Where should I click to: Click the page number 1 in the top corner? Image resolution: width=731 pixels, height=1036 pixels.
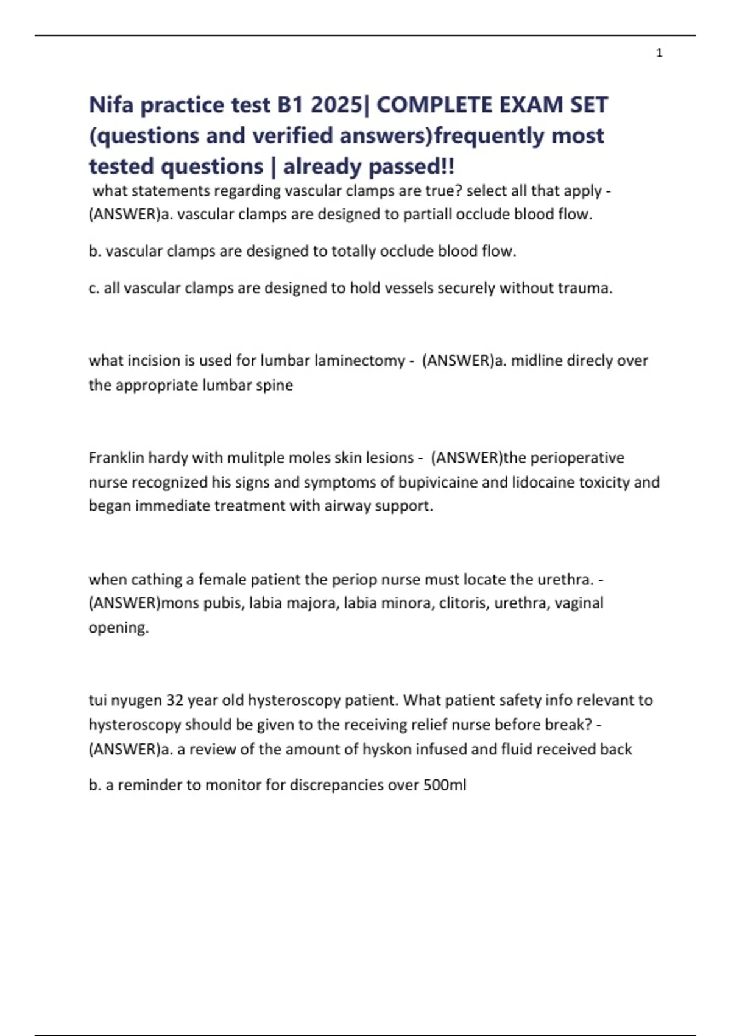(x=659, y=53)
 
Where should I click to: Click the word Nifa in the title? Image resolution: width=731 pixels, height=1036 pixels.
(x=111, y=105)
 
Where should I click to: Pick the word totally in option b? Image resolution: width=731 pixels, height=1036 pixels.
(x=353, y=251)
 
